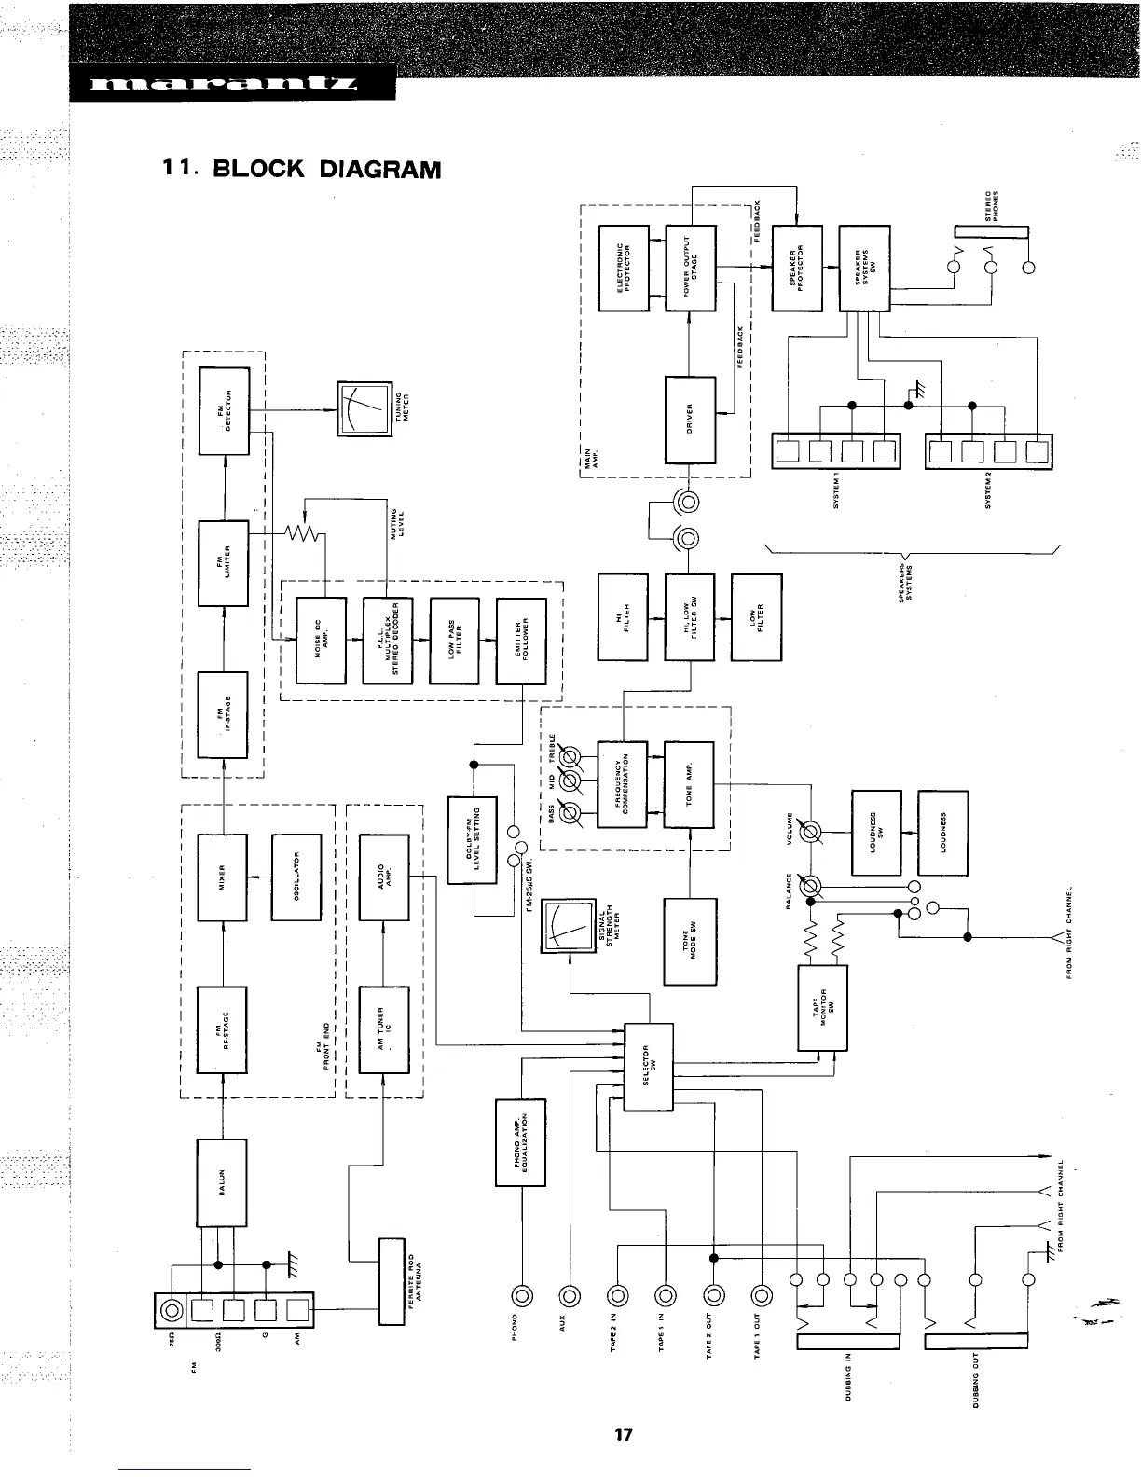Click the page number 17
tap(624, 1434)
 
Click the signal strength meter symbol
tap(568, 926)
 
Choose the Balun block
tap(222, 1182)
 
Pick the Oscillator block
tap(296, 877)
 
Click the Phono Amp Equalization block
tap(520, 1142)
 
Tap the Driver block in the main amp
tap(690, 420)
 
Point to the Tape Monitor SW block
tap(823, 1007)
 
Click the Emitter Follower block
tap(521, 641)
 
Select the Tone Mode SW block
tap(690, 942)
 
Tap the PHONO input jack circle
tap(520, 1294)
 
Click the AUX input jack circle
tap(569, 1294)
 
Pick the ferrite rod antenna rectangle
tap(392, 1280)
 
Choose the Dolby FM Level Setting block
tap(473, 839)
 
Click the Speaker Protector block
tap(798, 268)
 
